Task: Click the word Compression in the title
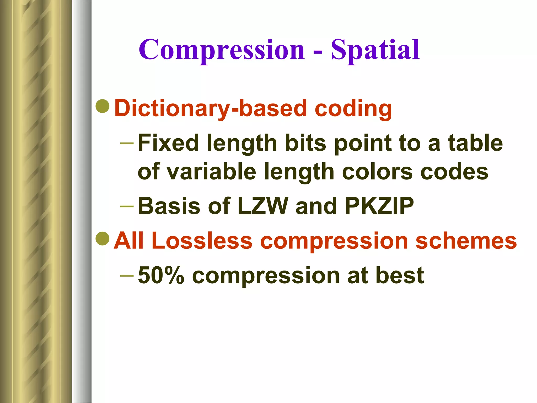click(x=222, y=50)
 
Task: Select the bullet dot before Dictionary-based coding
click(x=103, y=106)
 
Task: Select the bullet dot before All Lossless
click(x=103, y=239)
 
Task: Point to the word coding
click(x=353, y=109)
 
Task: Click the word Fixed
click(x=168, y=143)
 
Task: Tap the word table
click(x=475, y=143)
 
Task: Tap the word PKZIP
click(x=379, y=206)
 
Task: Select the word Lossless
click(x=202, y=241)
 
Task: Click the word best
click(x=400, y=275)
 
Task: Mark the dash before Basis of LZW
click(x=127, y=206)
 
